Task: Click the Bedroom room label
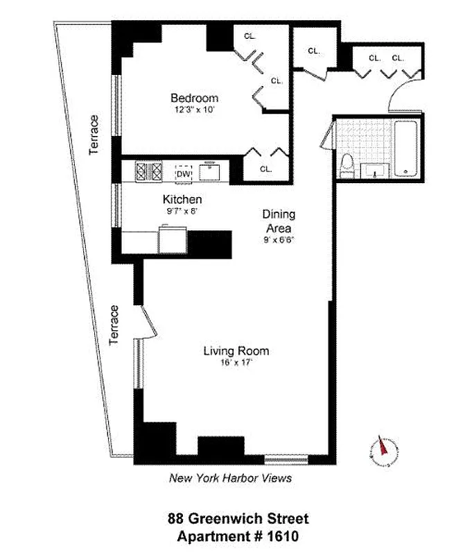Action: point(194,98)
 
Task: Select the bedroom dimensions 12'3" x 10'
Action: point(194,109)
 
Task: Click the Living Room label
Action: point(236,350)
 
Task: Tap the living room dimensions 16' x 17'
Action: point(236,362)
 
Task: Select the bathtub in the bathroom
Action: point(405,147)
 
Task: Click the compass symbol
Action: point(381,450)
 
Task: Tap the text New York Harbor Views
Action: point(231,478)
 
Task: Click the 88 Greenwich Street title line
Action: point(238,518)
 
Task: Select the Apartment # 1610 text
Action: point(238,536)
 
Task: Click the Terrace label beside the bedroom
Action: point(94,135)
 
